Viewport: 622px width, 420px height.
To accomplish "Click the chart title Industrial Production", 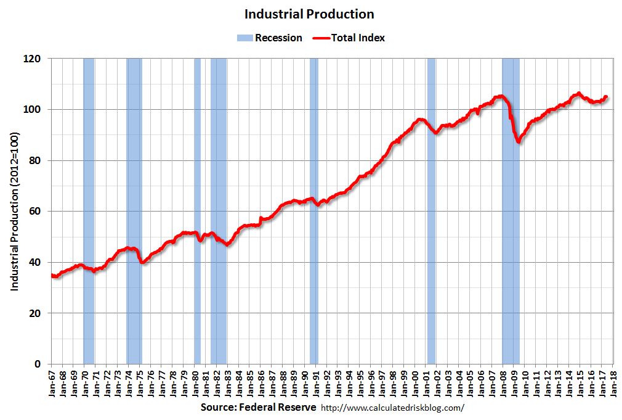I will coord(309,14).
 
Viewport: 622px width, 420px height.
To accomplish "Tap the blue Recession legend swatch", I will coord(244,38).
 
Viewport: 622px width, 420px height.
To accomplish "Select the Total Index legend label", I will coord(358,38).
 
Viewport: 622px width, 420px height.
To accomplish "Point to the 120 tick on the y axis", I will coord(34,59).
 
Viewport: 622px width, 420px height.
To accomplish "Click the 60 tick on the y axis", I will coord(36,212).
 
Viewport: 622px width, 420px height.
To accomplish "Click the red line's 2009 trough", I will coord(519,141).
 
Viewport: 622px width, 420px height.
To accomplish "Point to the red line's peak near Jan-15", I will coord(578,94).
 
